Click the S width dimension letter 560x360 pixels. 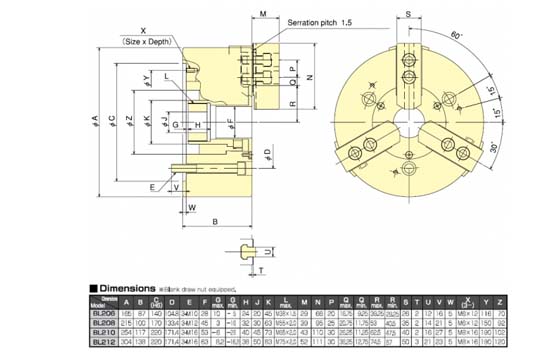point(408,14)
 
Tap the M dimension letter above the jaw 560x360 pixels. point(261,15)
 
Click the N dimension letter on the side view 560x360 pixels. point(310,76)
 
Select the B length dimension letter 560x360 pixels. point(216,220)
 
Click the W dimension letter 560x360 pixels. point(191,207)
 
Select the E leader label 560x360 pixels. point(153,186)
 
